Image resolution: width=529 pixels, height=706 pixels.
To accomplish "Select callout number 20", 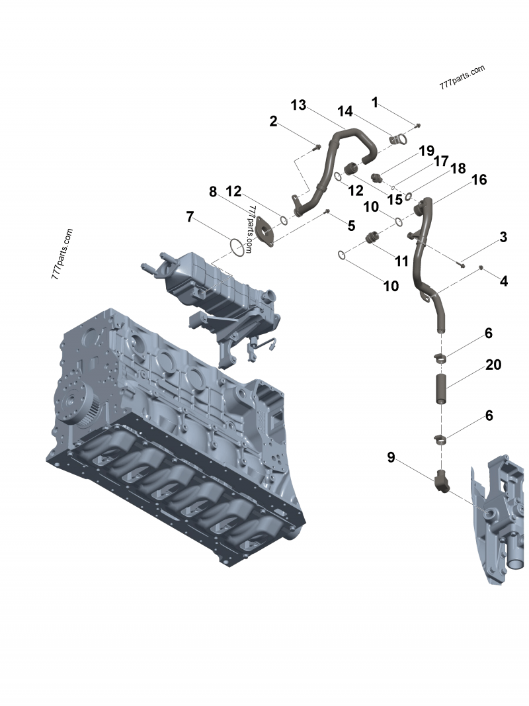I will tap(493, 365).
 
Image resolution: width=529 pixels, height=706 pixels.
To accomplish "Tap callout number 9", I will tap(391, 457).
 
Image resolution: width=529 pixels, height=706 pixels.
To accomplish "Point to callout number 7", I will tap(190, 216).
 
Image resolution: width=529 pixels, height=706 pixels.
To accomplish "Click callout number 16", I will tap(479, 179).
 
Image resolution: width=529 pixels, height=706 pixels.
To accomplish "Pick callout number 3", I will tap(503, 237).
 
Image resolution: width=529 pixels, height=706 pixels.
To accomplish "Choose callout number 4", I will tap(504, 281).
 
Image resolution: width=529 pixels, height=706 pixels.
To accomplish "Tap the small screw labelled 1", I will tap(418, 124).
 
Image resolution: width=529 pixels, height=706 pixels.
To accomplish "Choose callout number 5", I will tap(351, 226).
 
